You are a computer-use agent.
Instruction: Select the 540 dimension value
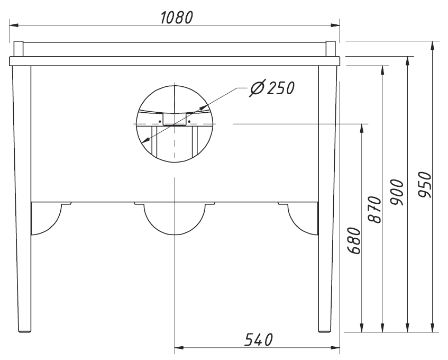pos(258,339)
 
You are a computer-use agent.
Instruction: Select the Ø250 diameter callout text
pos(271,88)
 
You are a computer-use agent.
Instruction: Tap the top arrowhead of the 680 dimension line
pos(362,128)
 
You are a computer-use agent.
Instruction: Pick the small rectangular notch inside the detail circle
pos(174,120)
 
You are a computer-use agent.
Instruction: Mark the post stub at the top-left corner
pos(18,49)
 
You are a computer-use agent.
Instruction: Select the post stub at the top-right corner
pos(331,49)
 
